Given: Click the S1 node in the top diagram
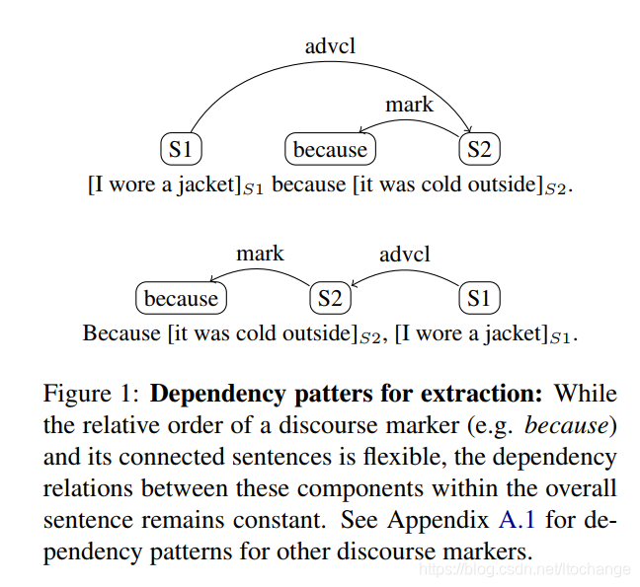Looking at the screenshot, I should click(181, 150).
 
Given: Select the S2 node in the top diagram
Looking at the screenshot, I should click(479, 150).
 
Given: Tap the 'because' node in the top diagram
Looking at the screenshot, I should click(330, 150).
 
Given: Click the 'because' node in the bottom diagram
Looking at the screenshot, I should click(181, 298).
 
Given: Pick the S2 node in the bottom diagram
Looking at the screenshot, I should click(330, 298).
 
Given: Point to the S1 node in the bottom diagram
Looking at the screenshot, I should click(479, 298).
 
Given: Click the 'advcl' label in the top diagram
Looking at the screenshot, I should click(329, 45).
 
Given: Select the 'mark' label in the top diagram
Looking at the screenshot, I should click(409, 105).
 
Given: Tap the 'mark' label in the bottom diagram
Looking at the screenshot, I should click(260, 254).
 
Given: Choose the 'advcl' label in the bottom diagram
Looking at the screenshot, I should click(405, 254).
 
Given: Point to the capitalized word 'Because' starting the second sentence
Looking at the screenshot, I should click(120, 332).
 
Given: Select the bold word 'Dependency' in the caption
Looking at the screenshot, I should click(219, 395).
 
